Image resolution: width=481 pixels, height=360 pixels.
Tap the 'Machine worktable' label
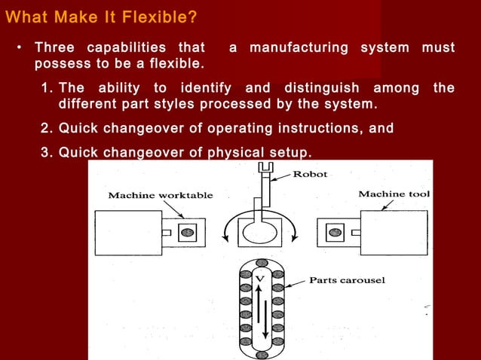[161, 196]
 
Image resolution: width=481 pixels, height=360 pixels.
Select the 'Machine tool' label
[394, 194]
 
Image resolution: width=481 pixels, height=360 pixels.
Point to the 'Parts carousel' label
[347, 280]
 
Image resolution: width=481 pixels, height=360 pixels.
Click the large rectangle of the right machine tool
[394, 233]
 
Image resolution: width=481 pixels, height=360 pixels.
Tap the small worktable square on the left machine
[185, 232]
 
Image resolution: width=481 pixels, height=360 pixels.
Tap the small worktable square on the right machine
[332, 232]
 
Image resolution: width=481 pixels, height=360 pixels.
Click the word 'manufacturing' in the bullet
[300, 47]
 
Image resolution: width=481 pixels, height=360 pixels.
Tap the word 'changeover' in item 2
[153, 128]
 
